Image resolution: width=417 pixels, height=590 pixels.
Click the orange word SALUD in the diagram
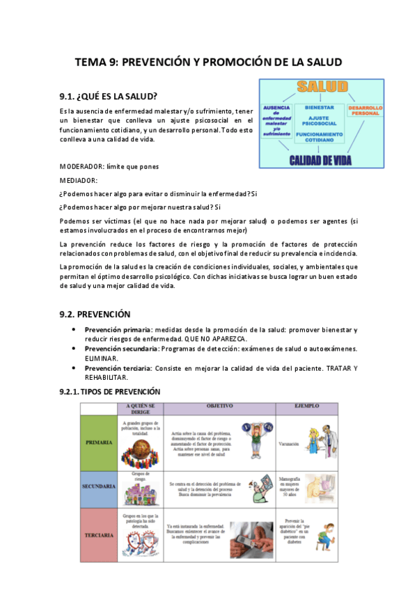[321, 87]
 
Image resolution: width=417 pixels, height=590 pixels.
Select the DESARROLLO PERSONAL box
[365, 111]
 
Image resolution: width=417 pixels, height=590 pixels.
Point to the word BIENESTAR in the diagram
[320, 108]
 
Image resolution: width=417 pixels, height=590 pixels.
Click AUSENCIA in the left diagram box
[276, 109]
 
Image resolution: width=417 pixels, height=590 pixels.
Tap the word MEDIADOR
[78, 180]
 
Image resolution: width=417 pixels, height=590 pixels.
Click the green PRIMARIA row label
[99, 442]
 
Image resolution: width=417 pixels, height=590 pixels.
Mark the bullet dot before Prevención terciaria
[74, 367]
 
